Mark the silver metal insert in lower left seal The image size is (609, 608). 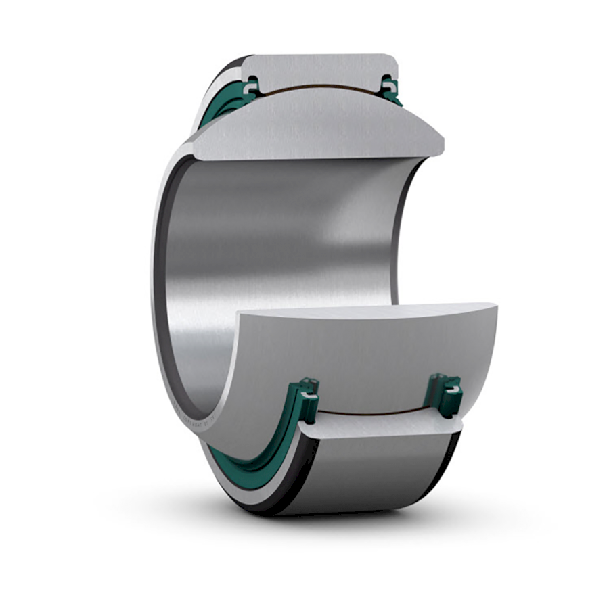(309, 388)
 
